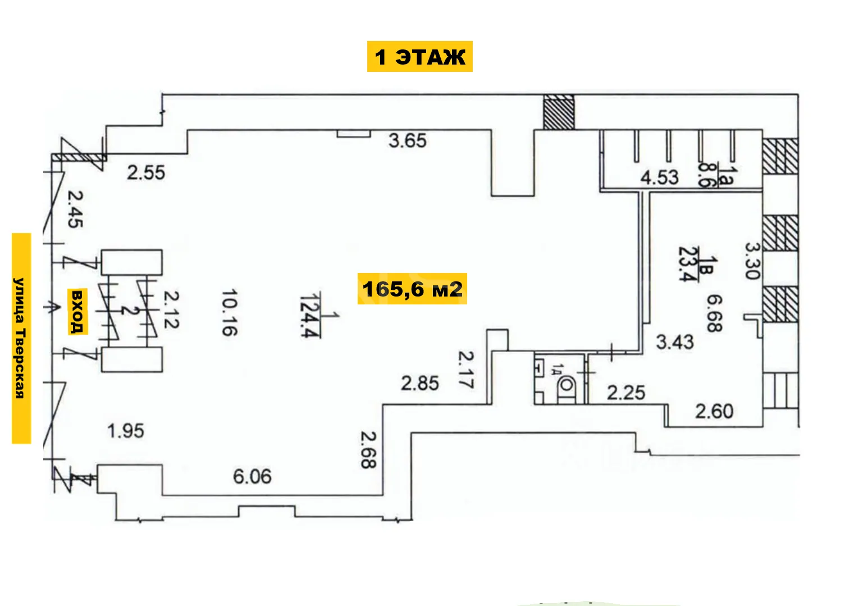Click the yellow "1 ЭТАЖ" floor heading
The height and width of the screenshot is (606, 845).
[419, 57]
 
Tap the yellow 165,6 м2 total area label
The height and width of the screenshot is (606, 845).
[412, 289]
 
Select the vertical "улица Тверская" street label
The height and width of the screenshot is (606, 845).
[21, 338]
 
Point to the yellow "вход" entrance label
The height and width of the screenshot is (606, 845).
[77, 312]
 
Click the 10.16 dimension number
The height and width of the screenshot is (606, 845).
[229, 312]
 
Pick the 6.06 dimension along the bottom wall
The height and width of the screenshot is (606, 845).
[252, 477]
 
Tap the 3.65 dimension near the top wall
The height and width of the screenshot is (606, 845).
[408, 140]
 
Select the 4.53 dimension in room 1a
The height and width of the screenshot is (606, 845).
[659, 177]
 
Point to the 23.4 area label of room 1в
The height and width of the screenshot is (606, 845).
[687, 264]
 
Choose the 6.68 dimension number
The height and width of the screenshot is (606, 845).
[715, 313]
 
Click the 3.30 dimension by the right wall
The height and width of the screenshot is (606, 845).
[752, 261]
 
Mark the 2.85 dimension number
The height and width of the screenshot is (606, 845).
[420, 384]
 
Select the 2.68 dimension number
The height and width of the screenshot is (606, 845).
[368, 450]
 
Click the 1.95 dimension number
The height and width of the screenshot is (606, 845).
[126, 431]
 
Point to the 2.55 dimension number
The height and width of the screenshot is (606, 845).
[146, 172]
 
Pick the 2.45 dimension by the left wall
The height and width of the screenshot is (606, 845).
[75, 209]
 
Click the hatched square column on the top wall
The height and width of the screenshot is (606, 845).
[559, 112]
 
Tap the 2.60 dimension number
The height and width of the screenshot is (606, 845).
[714, 411]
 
